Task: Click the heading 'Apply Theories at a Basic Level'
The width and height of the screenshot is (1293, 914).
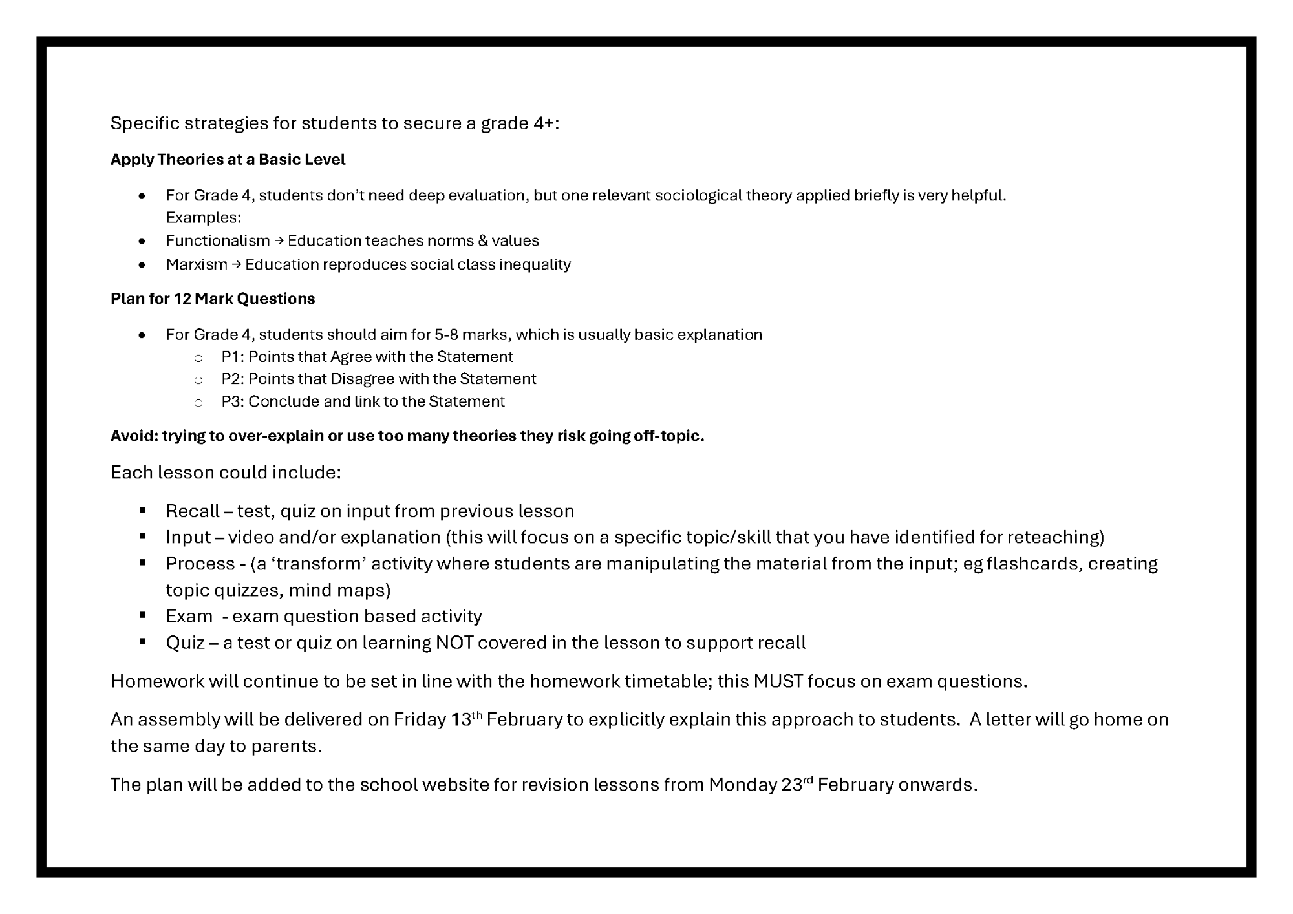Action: tap(228, 160)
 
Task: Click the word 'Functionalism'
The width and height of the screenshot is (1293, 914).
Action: tap(218, 241)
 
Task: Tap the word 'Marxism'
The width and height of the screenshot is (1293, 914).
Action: tap(197, 264)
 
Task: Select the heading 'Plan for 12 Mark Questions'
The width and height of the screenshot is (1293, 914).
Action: tap(213, 299)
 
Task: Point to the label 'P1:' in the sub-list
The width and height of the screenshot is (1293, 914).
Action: tap(233, 357)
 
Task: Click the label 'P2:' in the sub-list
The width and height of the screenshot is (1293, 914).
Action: tap(233, 379)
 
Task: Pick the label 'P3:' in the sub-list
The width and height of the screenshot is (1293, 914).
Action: tap(233, 401)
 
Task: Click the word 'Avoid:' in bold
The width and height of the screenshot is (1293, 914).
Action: tap(134, 436)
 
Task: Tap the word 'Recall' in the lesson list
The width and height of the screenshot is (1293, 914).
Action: tap(193, 511)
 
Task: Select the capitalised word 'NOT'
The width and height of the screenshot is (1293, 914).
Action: tap(454, 643)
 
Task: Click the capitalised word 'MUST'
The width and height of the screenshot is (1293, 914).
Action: tap(778, 681)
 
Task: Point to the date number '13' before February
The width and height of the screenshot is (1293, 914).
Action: tap(461, 720)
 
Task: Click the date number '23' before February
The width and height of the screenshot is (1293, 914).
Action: tap(791, 785)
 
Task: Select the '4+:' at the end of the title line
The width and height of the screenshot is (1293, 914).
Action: tap(546, 123)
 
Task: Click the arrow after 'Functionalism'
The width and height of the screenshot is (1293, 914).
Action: tap(279, 241)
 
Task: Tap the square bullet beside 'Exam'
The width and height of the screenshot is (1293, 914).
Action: tap(142, 615)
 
